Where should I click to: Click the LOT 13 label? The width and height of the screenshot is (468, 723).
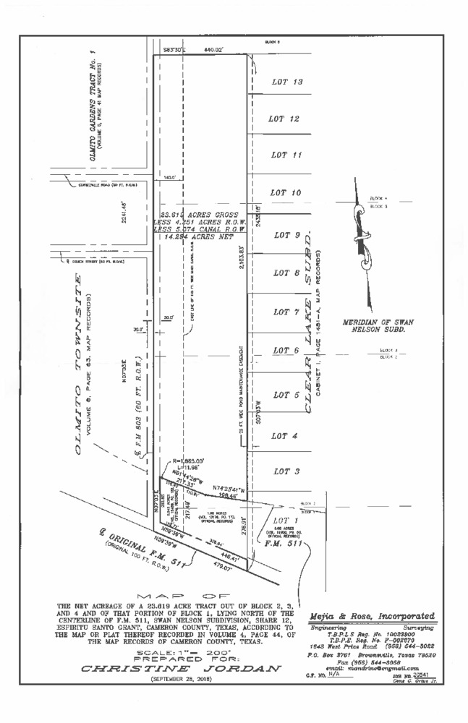click(287, 82)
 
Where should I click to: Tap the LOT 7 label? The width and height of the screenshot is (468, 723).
click(287, 312)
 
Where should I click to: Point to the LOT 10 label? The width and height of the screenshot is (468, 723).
click(285, 193)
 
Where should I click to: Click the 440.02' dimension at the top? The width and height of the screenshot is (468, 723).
click(213, 49)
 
